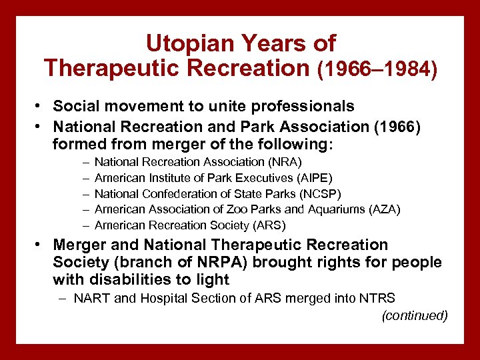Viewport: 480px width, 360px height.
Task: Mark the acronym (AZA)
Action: [385, 210]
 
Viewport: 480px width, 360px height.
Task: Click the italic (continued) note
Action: [414, 315]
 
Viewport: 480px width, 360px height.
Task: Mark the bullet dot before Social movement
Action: [41, 107]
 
